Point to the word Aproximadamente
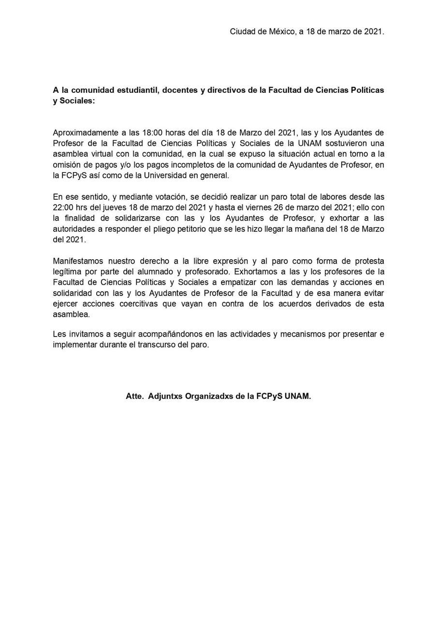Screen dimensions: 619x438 coord(83,133)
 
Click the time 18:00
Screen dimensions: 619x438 coord(152,133)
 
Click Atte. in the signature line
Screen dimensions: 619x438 coord(135,397)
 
